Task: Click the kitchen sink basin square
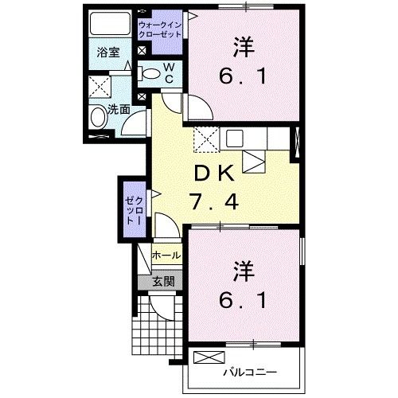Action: pos(234,138)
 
